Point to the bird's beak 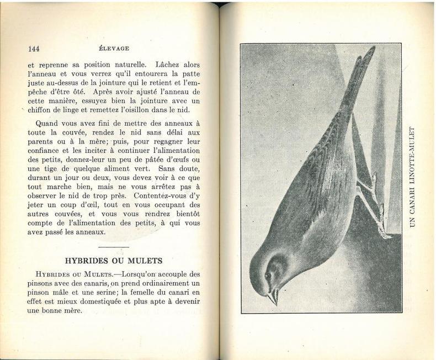tap(273, 297)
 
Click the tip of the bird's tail tap(371, 51)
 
